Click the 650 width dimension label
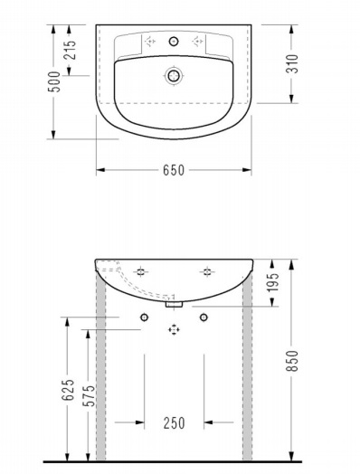[174, 170]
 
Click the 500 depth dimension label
[55, 81]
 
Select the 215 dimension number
[71, 50]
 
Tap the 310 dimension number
[292, 63]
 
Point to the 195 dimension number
[274, 281]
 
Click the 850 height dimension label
[292, 361]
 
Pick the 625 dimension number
[68, 390]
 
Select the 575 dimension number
[90, 395]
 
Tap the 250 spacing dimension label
[174, 423]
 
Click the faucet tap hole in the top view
[174, 41]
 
